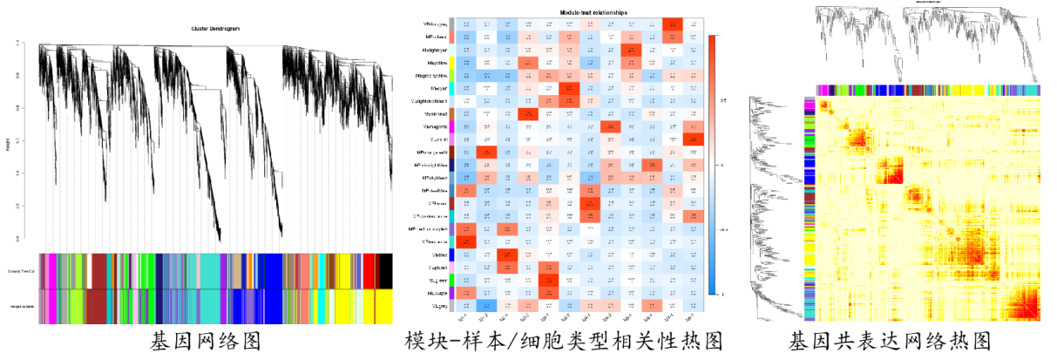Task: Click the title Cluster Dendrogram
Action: (216, 29)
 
